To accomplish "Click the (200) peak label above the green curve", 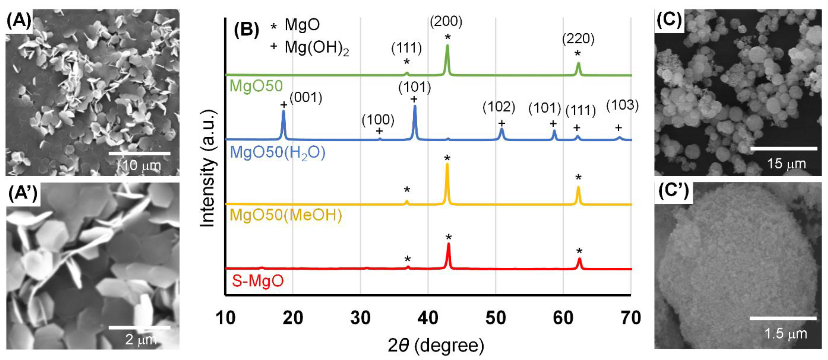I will [446, 22].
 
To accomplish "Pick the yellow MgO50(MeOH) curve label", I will [286, 215].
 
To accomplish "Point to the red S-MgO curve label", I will [258, 281].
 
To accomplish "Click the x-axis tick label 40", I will [428, 318].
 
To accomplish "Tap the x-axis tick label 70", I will [631, 318].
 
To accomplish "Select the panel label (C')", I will [673, 192].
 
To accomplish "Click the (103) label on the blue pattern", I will [622, 105].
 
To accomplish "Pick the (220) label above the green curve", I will [578, 39].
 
